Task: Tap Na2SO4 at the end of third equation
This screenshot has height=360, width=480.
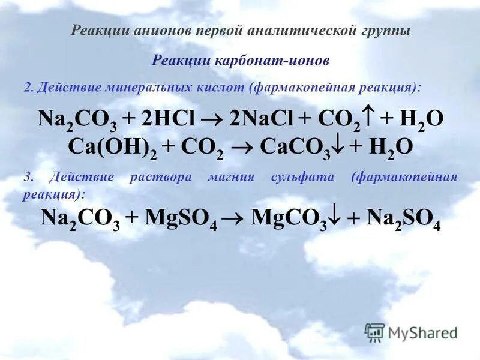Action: [x=404, y=219]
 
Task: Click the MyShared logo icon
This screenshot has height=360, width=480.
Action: [x=374, y=332]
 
